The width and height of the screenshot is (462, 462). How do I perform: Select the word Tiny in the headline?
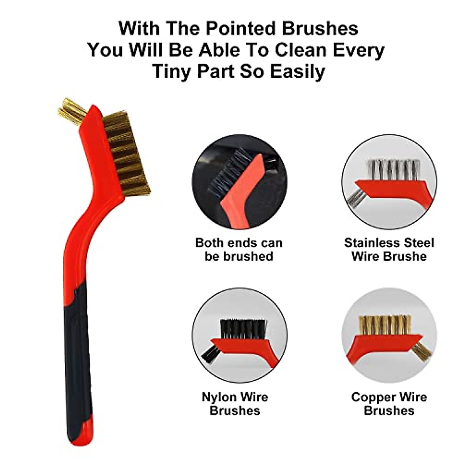tap(172, 71)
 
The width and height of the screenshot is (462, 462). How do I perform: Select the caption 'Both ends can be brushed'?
tap(239, 249)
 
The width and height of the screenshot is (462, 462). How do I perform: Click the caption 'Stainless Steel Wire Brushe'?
tap(389, 249)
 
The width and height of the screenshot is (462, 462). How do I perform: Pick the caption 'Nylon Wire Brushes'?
tap(235, 403)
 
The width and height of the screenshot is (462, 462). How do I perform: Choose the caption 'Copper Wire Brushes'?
tap(389, 403)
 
